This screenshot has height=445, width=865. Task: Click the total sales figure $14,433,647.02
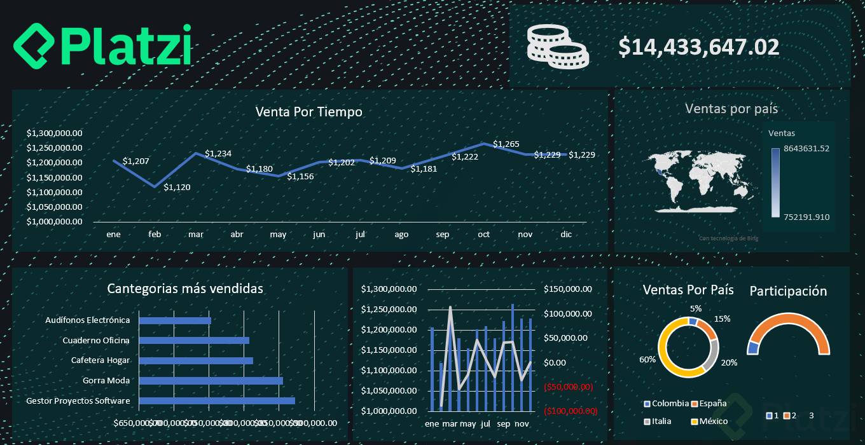699,47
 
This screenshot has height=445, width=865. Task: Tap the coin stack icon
557,46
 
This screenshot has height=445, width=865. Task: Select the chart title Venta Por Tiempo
308,112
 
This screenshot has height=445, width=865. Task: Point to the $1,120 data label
177,188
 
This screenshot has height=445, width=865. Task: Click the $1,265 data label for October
506,144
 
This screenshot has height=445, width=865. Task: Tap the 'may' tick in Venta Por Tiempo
278,235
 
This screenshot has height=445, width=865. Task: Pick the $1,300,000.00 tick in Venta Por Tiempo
55,133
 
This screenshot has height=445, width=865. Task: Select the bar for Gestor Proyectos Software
217,400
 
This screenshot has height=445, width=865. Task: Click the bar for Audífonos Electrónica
175,320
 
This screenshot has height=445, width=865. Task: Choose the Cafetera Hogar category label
100,360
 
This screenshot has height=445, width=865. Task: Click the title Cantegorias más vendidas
185,289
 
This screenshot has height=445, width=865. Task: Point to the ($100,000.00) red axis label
571,411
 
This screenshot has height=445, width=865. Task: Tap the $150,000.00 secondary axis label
568,289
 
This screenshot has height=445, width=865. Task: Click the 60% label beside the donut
647,360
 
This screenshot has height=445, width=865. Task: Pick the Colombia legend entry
666,403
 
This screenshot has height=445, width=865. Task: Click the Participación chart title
788,291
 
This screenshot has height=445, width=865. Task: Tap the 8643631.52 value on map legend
806,149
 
